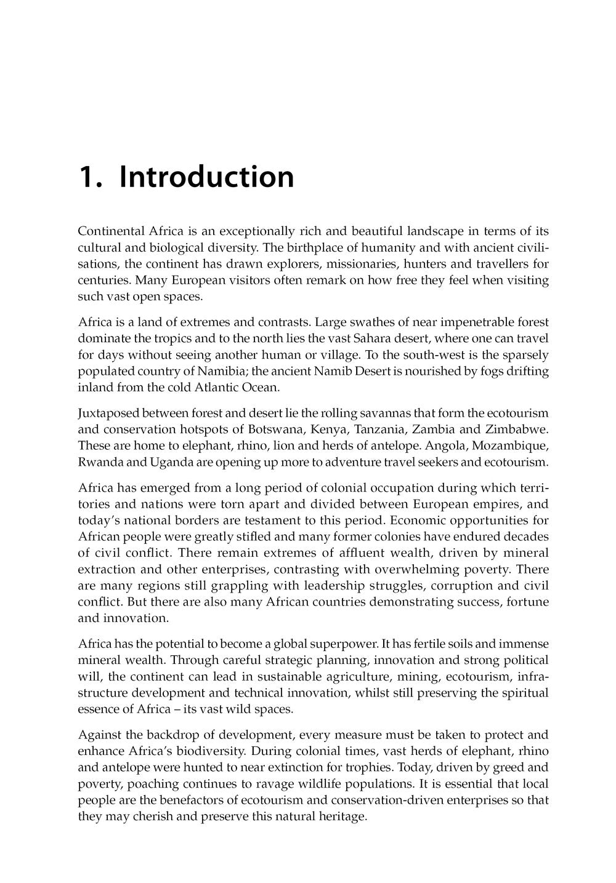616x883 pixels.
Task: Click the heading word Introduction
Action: point(206,177)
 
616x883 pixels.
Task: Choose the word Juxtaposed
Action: point(108,412)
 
